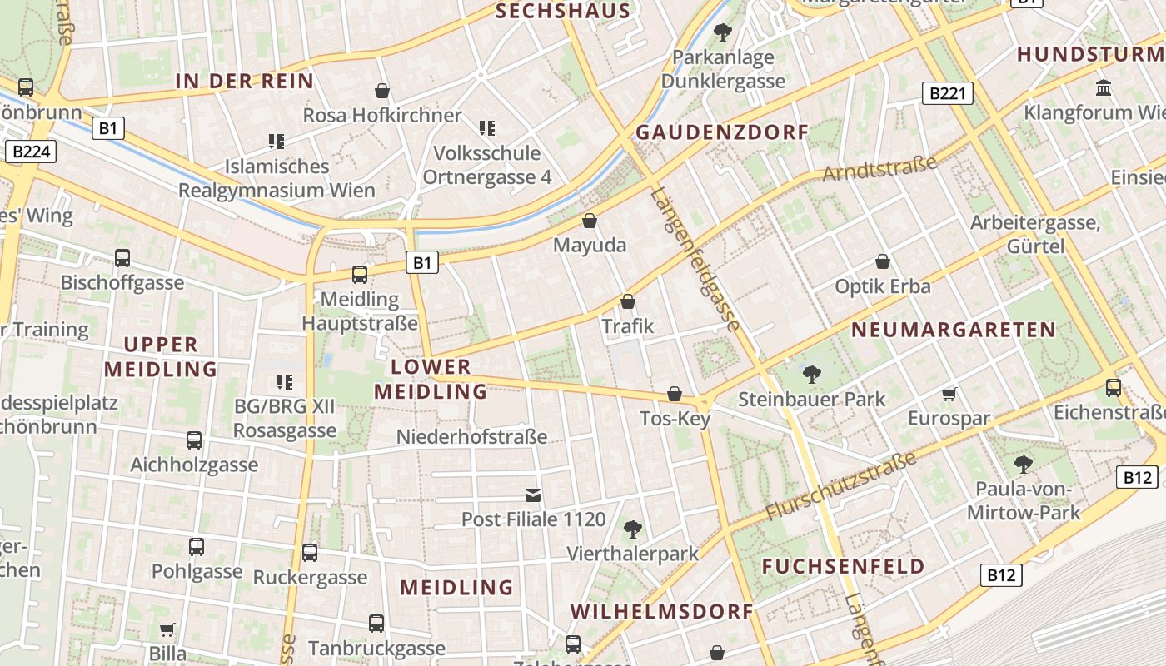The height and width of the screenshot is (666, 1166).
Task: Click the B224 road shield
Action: pyautogui.click(x=30, y=152)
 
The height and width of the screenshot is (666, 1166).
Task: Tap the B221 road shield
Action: pyautogui.click(x=948, y=93)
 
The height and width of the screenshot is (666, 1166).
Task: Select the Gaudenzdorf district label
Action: pyautogui.click(x=722, y=132)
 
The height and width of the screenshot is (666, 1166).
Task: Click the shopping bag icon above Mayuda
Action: pyautogui.click(x=590, y=221)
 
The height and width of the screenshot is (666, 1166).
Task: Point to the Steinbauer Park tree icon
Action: pyautogui.click(x=811, y=374)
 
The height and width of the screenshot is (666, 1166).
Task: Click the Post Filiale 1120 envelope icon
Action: pyautogui.click(x=533, y=495)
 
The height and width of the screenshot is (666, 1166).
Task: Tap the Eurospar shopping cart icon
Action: pyautogui.click(x=949, y=394)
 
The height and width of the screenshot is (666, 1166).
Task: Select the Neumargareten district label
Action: pyautogui.click(x=953, y=330)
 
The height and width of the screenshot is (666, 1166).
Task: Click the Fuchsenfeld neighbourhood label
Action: pyautogui.click(x=844, y=567)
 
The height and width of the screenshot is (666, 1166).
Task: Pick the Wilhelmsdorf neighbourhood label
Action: pyautogui.click(x=661, y=611)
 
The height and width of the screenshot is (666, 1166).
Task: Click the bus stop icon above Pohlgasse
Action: pyautogui.click(x=197, y=547)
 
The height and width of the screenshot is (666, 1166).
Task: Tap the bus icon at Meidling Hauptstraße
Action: pyautogui.click(x=360, y=274)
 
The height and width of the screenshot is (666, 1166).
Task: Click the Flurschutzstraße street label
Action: pyautogui.click(x=840, y=486)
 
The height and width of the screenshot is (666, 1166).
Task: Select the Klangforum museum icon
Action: pyautogui.click(x=1104, y=87)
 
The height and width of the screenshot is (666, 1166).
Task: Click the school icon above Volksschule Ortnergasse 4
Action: pyautogui.click(x=487, y=127)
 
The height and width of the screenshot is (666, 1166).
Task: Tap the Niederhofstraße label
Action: pyautogui.click(x=471, y=436)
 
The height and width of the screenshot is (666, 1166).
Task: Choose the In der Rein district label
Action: pyautogui.click(x=244, y=81)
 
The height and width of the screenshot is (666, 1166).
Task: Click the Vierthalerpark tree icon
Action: pyautogui.click(x=633, y=528)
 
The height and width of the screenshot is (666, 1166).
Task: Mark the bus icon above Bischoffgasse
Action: pyautogui.click(x=122, y=258)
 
